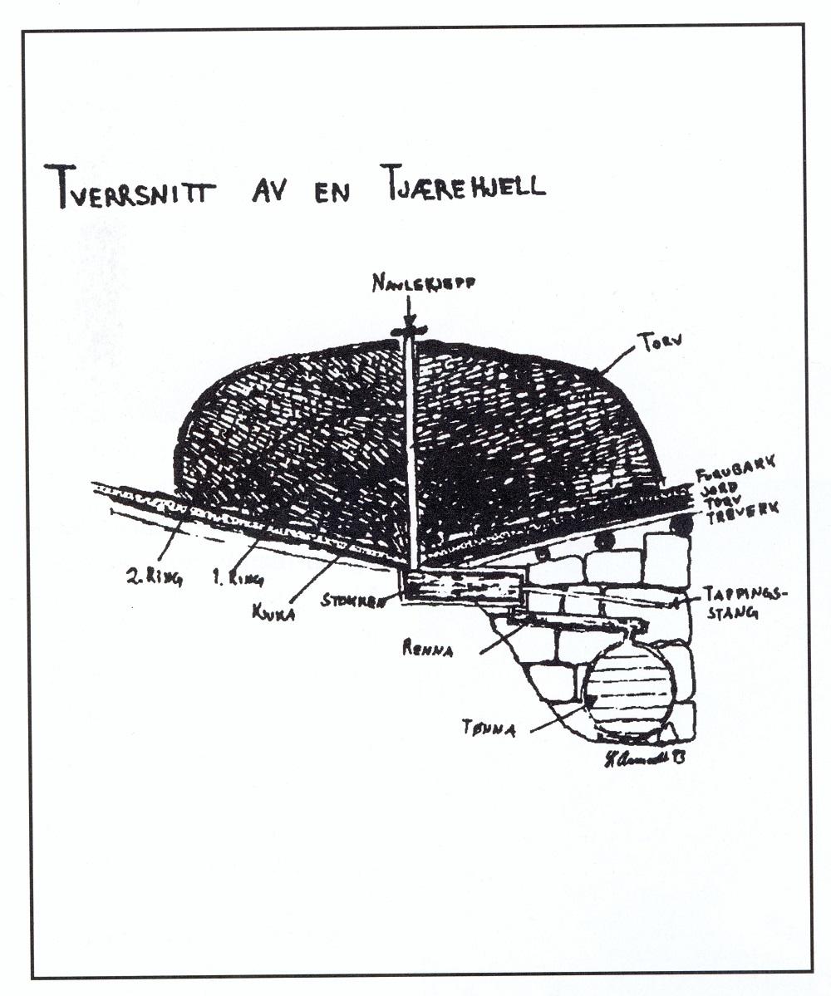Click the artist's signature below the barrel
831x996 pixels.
coord(646,760)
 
